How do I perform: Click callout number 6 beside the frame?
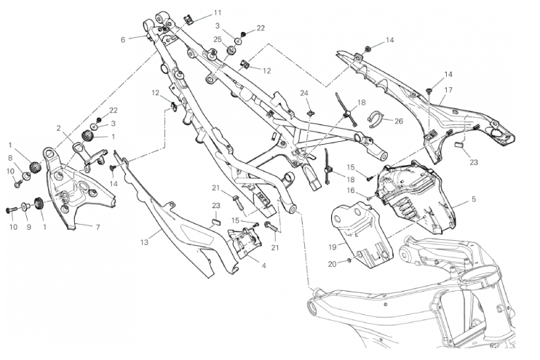(x=124, y=40)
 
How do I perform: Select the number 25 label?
(x=217, y=39)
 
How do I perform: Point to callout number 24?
(x=305, y=93)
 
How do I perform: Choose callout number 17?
(x=449, y=90)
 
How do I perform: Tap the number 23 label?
(x=474, y=162)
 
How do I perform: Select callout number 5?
(x=474, y=198)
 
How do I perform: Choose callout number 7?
(x=99, y=226)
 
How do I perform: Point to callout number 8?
(x=11, y=157)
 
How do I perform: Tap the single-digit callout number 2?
(x=58, y=127)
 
